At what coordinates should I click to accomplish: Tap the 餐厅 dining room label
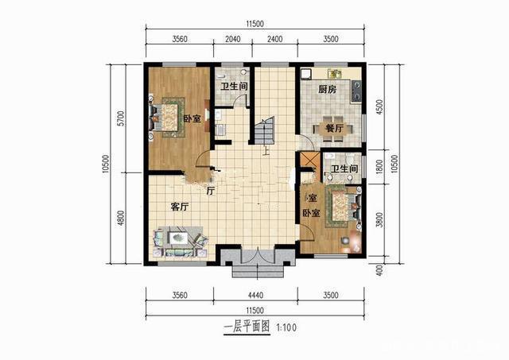[x=333, y=128]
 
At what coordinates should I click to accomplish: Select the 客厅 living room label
[x=180, y=207]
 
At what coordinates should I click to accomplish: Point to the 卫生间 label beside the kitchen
[x=344, y=169]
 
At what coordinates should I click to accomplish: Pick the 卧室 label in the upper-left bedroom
[x=192, y=119]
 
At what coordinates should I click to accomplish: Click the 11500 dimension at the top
[x=254, y=27]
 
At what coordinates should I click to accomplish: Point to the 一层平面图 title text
[x=246, y=327]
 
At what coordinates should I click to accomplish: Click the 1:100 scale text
[x=286, y=327]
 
